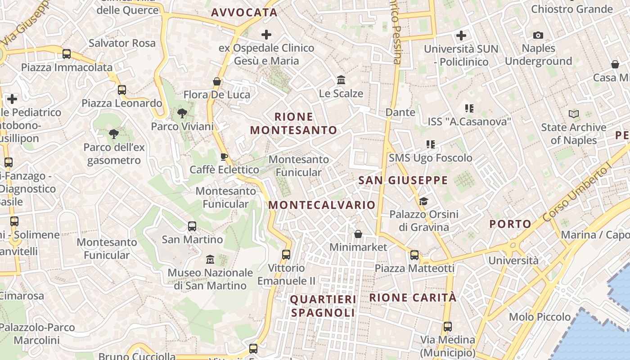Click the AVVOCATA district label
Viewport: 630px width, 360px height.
244,13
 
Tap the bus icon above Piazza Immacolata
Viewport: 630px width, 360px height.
67,54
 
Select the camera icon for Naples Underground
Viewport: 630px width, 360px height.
538,35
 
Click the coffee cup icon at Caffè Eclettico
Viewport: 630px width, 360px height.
224,157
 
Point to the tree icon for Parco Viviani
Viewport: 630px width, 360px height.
182,113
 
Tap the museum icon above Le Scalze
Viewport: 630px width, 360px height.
341,80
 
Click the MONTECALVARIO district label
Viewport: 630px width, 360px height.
322,205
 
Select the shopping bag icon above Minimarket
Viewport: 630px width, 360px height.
358,234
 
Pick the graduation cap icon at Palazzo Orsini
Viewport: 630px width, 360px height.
423,201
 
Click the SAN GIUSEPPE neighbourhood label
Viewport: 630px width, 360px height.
403,181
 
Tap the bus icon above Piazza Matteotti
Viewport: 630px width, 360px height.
414,255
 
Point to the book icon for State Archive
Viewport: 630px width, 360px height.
573,114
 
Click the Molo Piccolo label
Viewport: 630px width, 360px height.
540,317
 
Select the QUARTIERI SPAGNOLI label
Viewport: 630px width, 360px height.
323,306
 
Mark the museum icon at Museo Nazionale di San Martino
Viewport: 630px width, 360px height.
210,259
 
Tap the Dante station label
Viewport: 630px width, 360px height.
400,112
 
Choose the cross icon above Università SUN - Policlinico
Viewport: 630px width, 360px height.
461,35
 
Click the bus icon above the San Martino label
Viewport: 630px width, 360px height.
192,226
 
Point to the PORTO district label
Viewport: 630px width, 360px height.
510,224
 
